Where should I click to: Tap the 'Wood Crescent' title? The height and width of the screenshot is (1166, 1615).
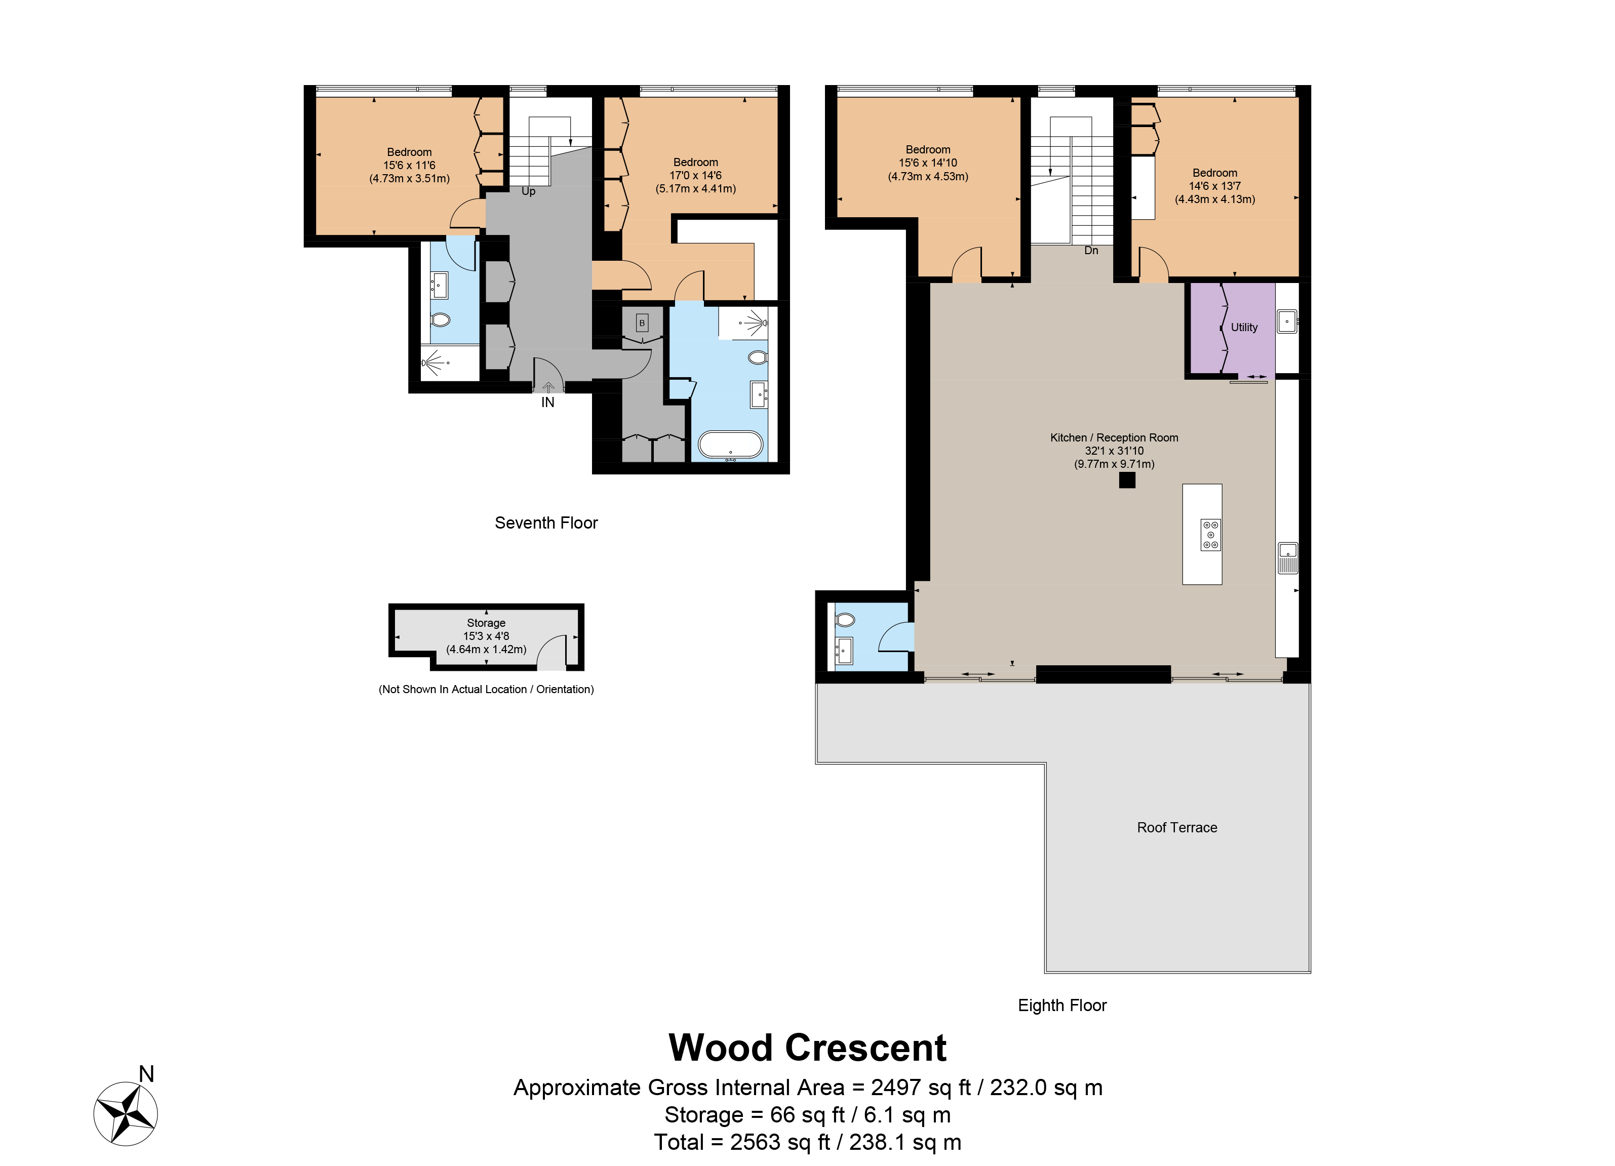tap(807, 1048)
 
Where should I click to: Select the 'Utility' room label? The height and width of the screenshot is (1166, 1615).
tap(1243, 328)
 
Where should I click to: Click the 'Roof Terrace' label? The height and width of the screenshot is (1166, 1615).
tap(1176, 827)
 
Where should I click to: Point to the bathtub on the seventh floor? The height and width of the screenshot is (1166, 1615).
tap(730, 445)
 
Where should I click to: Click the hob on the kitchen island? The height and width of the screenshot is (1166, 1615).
tap(1210, 535)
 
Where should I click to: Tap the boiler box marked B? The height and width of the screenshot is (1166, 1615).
tap(642, 323)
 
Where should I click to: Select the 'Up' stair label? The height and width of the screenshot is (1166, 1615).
tap(528, 191)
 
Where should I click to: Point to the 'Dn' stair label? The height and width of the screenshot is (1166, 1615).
tap(1090, 251)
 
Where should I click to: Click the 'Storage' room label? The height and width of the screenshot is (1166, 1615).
tap(486, 623)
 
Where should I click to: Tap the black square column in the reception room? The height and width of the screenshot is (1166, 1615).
tap(1126, 480)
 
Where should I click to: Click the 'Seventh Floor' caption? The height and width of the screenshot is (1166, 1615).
tap(546, 523)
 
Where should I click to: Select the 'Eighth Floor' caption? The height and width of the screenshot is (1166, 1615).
tap(1061, 1005)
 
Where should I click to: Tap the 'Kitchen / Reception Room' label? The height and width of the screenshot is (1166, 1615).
tap(1114, 438)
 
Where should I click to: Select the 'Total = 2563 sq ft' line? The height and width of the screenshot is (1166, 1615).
tap(807, 1142)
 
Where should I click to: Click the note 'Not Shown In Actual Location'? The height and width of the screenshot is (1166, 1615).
tap(486, 689)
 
